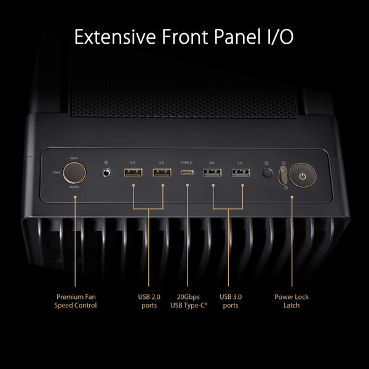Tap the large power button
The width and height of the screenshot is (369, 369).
(301, 175)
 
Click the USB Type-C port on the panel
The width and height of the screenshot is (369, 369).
(186, 173)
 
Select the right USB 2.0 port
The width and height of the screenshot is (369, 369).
(161, 173)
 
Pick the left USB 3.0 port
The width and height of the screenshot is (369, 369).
(212, 173)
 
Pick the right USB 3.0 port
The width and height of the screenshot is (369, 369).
(240, 173)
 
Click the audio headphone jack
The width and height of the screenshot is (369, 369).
(108, 172)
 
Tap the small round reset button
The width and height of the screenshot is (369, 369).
(266, 173)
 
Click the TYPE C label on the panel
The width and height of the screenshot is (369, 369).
(186, 162)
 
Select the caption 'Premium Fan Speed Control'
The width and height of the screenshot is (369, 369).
(76, 301)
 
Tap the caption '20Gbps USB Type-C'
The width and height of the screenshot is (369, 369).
(188, 301)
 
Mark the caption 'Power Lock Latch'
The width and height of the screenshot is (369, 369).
(292, 301)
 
